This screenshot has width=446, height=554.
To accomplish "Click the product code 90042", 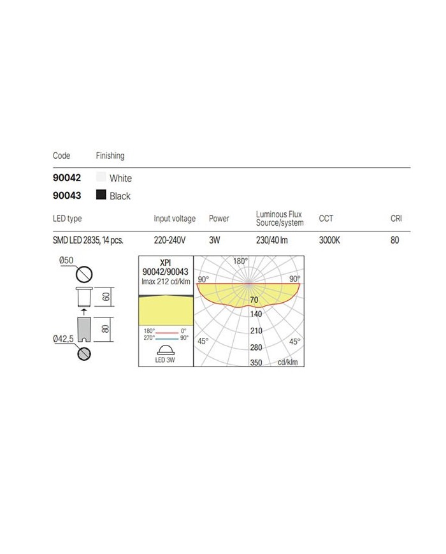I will point(66,179).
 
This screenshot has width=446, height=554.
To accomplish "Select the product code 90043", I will point(66,196).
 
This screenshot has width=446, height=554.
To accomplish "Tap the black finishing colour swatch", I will point(101,195).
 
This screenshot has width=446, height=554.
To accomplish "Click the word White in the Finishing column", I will point(120,179).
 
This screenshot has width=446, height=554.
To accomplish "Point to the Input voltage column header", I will point(175,219).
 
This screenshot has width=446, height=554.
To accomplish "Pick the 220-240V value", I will point(169,240).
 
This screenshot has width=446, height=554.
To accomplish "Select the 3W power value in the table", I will point(215,240).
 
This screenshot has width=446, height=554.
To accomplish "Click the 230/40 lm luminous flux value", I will point(273,240).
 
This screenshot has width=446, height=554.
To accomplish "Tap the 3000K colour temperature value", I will point(330,240).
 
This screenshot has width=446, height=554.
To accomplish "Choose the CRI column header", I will point(396,219).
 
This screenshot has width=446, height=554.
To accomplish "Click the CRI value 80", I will point(395,240).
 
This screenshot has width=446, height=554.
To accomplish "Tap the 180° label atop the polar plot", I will point(240,261).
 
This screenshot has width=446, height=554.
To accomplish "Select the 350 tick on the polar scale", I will point(256,362).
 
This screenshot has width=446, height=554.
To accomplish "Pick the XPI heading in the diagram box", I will point(165,263).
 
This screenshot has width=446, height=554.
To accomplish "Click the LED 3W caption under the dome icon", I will point(165,360).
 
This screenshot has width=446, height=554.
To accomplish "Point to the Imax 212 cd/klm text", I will point(165,282).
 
